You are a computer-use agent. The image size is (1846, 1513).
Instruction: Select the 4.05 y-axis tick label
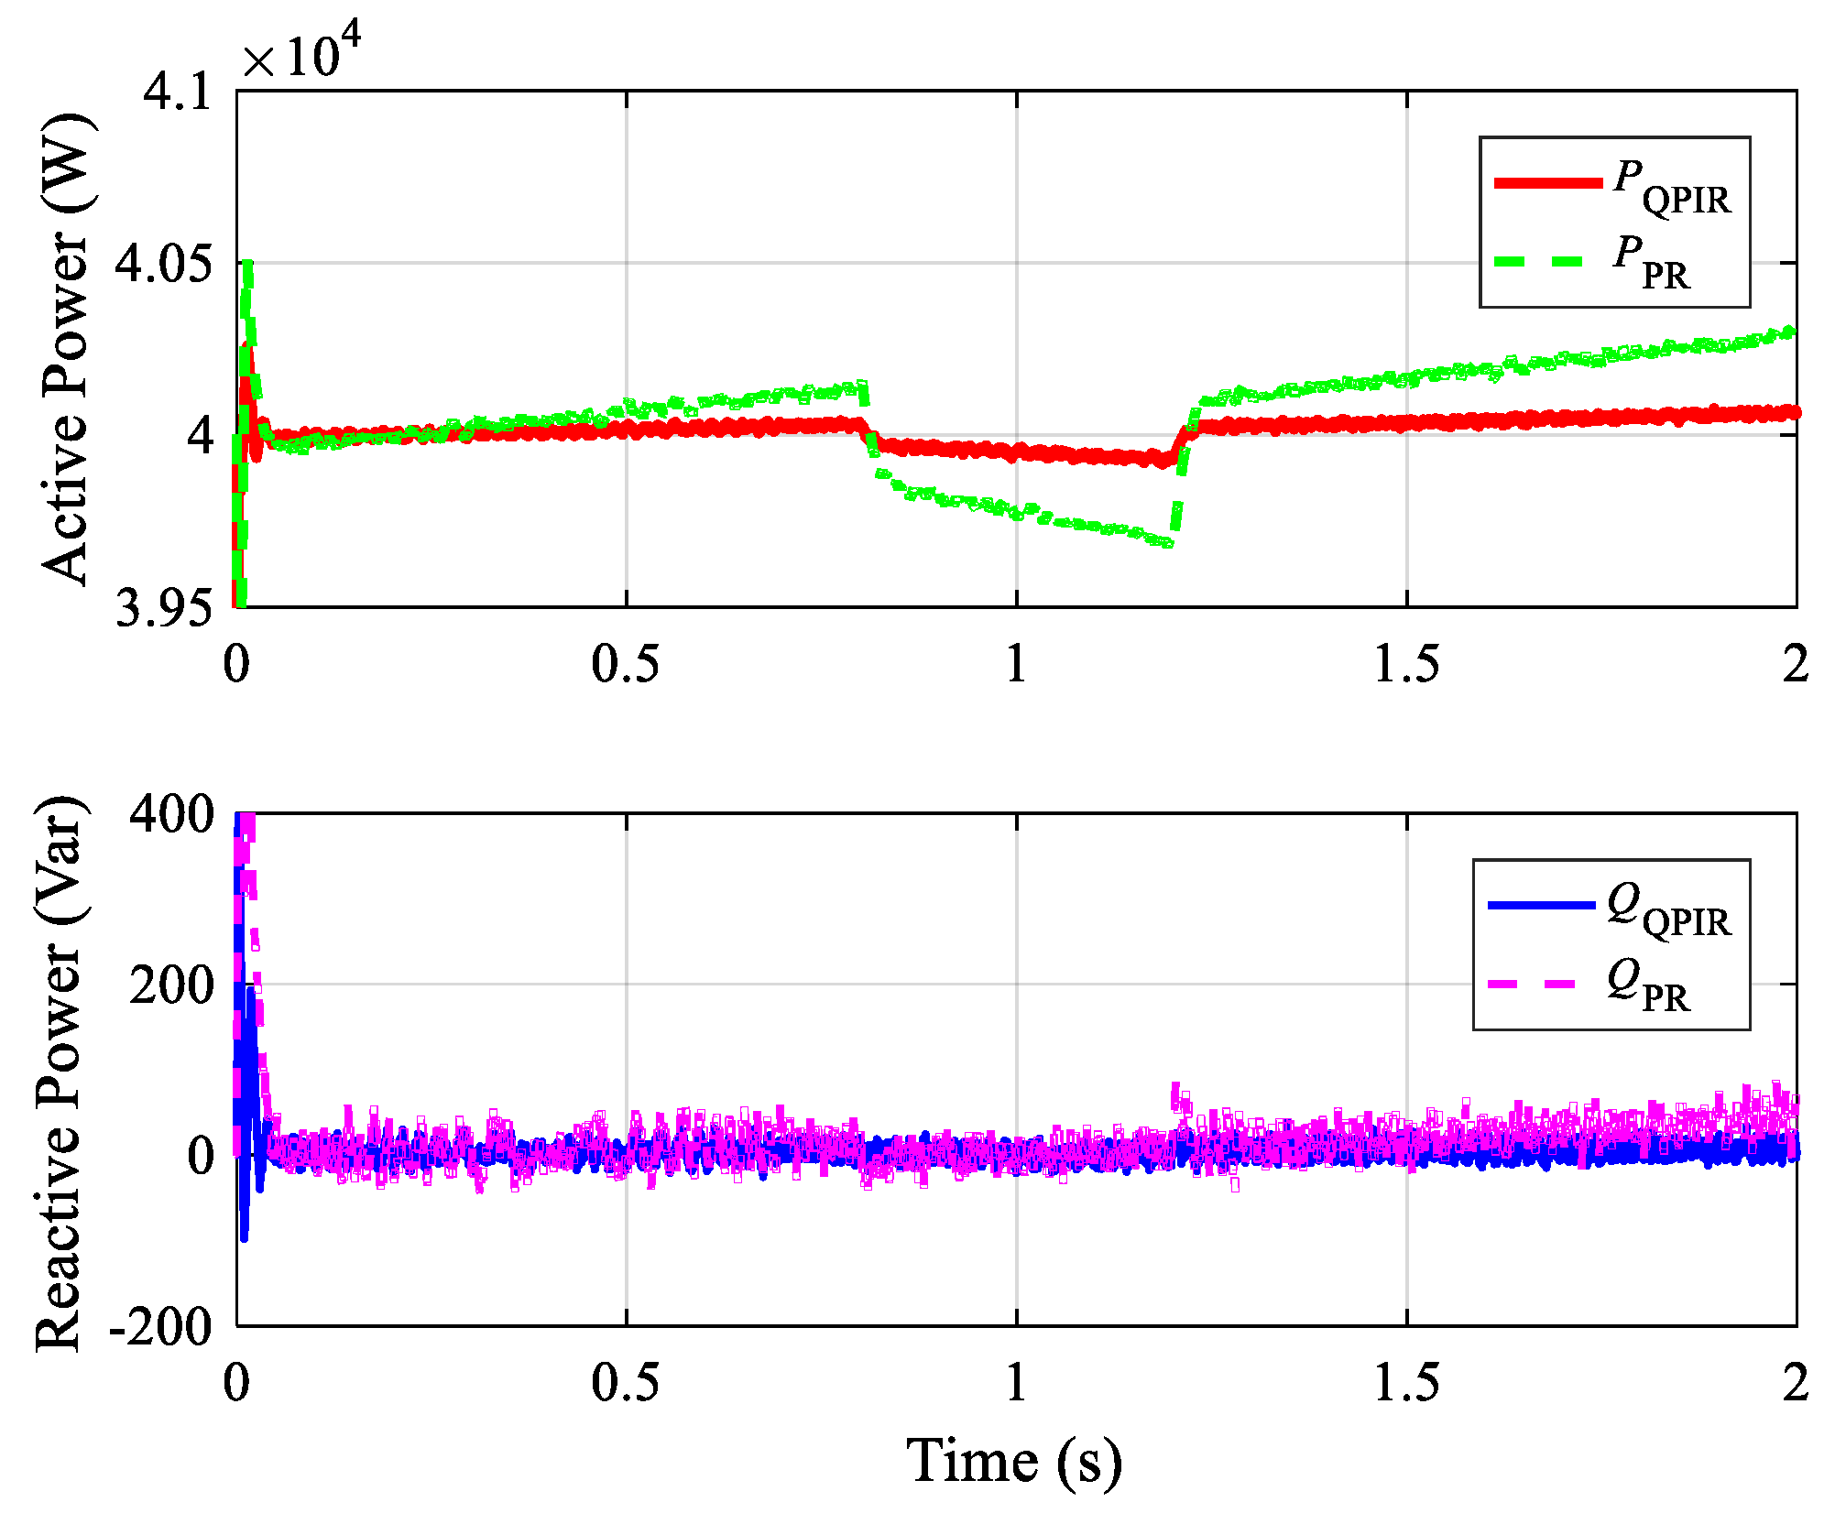162,264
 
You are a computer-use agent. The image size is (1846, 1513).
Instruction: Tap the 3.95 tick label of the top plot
162,607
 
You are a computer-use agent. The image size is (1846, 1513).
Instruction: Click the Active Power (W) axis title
66,348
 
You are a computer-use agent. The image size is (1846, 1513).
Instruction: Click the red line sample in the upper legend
1547,182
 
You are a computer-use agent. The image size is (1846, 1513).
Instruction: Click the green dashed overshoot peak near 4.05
246,266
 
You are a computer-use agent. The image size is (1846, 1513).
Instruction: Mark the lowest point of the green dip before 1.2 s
1167,543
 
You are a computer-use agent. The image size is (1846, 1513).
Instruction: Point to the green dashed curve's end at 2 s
1791,332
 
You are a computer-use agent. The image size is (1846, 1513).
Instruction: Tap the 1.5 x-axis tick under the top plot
1406,664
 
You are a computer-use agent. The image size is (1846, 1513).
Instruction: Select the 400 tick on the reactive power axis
170,813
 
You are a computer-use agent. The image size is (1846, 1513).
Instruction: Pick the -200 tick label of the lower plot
161,1325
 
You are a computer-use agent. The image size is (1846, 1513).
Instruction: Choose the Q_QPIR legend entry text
1668,910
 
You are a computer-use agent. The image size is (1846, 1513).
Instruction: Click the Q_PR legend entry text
1648,987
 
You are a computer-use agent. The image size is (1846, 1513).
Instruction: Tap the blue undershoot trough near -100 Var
244,1237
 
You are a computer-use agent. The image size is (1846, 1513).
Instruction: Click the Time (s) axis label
1014,1460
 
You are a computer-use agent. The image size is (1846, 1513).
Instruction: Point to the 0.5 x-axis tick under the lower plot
625,1382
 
